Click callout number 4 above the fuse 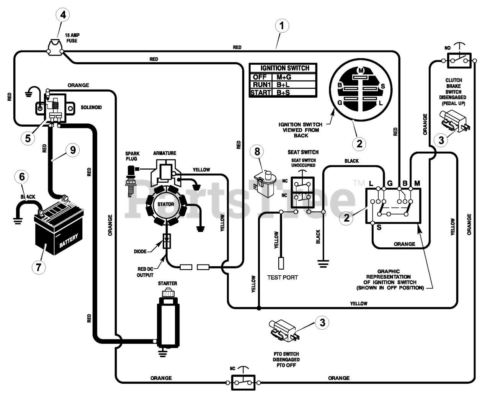point(63,15)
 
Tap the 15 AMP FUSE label point(72,38)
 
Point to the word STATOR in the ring point(166,204)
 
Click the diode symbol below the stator point(167,241)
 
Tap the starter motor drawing point(168,320)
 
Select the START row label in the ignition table point(260,93)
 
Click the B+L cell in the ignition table point(283,85)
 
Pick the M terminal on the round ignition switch point(361,70)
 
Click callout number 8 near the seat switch point(257,152)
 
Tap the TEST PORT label point(283,278)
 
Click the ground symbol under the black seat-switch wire point(323,264)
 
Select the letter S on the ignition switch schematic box point(379,227)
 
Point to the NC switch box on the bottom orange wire point(243,383)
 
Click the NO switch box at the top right point(459,61)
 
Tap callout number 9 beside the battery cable point(73,150)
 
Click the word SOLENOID point(91,108)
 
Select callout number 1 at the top point(282,26)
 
